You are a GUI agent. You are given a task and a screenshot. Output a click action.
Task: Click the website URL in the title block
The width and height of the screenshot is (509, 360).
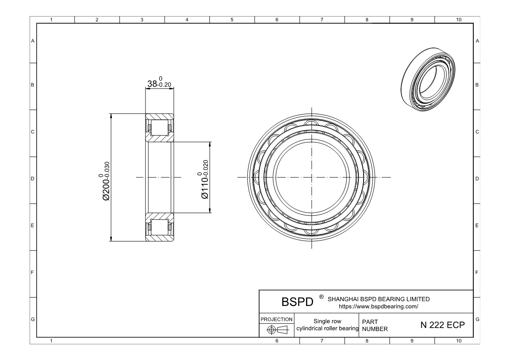[x=378, y=306]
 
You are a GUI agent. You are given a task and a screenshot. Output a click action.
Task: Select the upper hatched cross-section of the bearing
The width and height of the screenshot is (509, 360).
[x=159, y=127]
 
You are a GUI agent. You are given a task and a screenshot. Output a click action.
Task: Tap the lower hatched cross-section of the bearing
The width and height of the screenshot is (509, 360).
[x=159, y=228]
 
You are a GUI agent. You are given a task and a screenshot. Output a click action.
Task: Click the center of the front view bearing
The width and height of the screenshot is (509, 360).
[x=312, y=177]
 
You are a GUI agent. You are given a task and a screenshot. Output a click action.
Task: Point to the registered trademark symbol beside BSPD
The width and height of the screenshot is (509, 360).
[x=321, y=297]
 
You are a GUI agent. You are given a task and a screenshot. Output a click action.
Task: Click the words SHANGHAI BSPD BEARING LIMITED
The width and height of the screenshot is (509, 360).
[x=378, y=299]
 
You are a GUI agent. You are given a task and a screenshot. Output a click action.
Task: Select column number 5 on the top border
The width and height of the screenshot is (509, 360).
[x=232, y=20]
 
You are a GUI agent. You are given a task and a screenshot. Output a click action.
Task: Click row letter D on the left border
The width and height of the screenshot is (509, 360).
[x=33, y=179]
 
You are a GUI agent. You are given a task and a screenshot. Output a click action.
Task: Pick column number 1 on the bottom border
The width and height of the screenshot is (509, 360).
[x=52, y=341]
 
